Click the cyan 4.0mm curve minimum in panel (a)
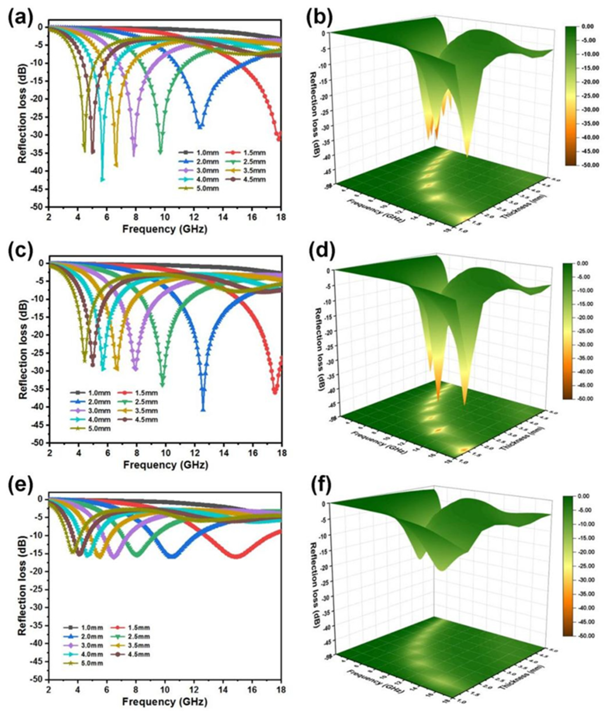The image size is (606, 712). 102,179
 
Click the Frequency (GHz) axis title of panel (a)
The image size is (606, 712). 165,229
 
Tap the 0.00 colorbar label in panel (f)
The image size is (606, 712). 588,496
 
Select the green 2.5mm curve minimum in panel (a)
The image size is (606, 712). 160,151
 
